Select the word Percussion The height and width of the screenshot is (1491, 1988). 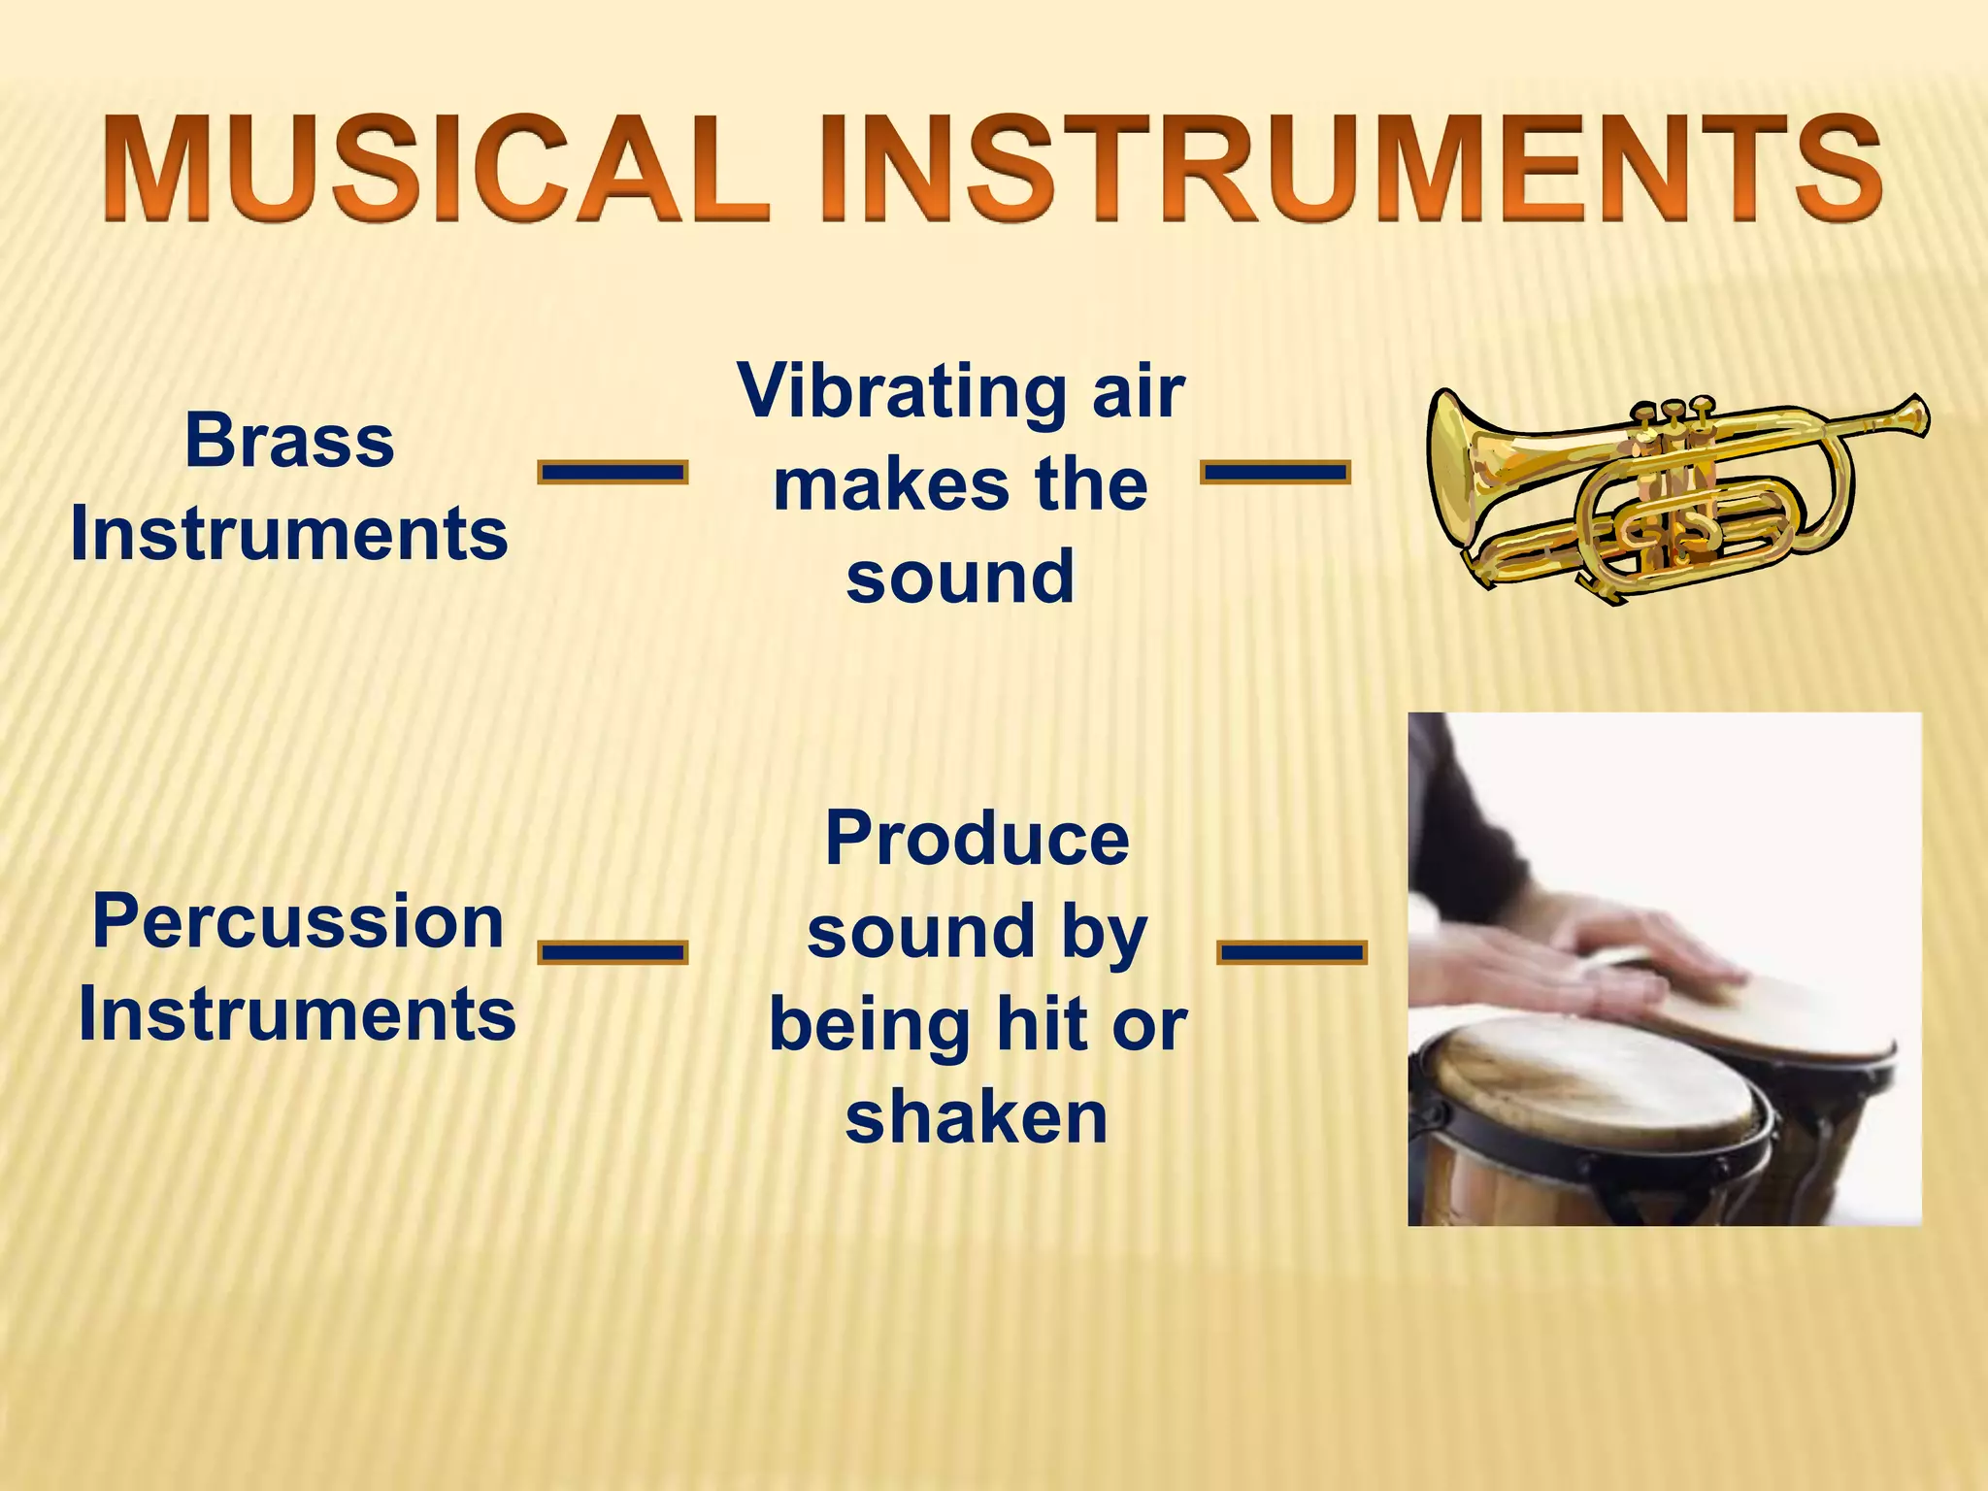(297, 922)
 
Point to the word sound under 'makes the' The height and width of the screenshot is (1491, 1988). (960, 577)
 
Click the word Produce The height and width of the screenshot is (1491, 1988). (977, 839)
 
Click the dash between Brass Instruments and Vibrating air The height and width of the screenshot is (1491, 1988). (613, 473)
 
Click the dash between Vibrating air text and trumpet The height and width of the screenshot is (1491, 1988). (1275, 473)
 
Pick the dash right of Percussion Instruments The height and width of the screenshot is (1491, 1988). (613, 951)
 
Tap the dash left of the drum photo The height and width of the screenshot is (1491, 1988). (1291, 951)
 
